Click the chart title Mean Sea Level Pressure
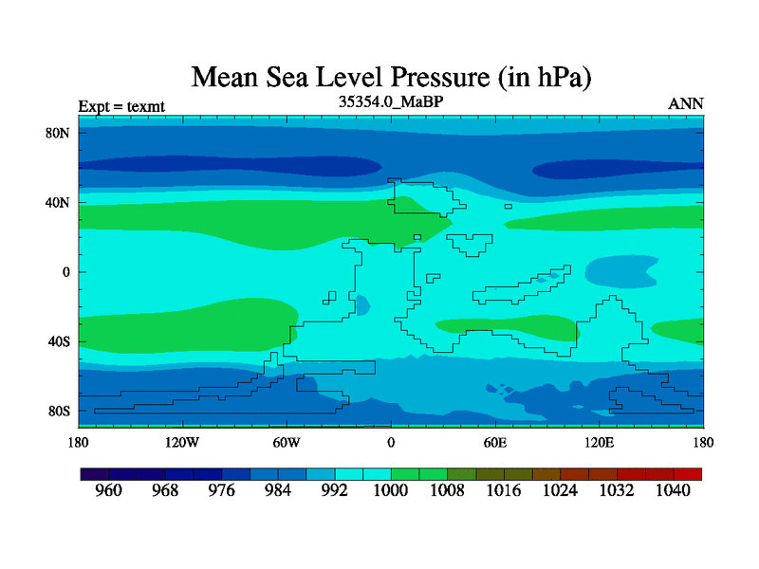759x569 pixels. click(391, 77)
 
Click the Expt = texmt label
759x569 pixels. click(121, 106)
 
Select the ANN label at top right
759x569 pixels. click(686, 104)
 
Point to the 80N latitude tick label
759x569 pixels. click(59, 133)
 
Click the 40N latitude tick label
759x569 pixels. click(59, 202)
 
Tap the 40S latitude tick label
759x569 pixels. click(59, 341)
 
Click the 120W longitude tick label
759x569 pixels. click(181, 443)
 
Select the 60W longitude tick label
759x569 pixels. click(286, 443)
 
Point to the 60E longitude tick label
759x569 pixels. click(494, 443)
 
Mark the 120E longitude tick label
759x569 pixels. click(599, 443)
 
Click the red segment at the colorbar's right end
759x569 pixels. click(688, 473)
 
